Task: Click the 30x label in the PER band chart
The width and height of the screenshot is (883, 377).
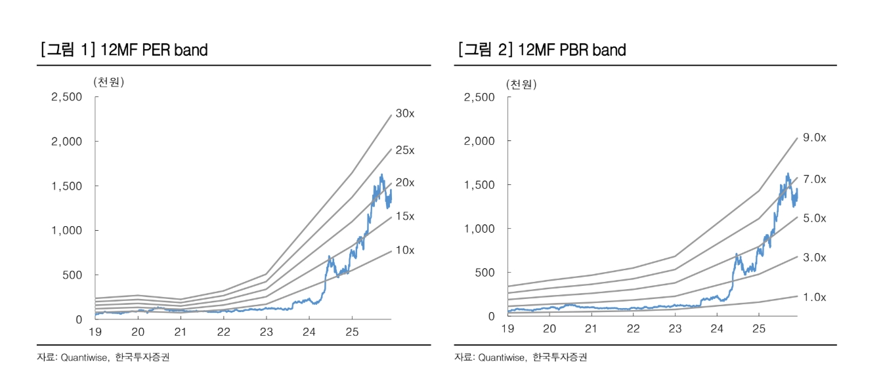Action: click(x=404, y=113)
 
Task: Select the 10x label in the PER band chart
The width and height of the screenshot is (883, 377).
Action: click(x=404, y=250)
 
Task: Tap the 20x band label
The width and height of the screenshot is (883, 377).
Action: click(x=404, y=183)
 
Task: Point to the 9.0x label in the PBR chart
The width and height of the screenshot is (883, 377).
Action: click(x=815, y=138)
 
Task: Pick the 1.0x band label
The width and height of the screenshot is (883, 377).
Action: click(x=815, y=298)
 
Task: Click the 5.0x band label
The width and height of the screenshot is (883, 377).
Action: click(x=815, y=218)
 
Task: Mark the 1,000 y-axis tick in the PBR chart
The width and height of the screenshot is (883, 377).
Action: click(x=479, y=228)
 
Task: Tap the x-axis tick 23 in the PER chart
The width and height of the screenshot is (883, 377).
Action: click(x=266, y=331)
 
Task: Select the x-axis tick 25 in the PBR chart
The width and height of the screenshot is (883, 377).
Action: click(x=758, y=328)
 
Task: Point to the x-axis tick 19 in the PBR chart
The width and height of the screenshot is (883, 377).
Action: click(x=507, y=328)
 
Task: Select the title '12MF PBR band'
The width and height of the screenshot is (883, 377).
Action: click(x=572, y=50)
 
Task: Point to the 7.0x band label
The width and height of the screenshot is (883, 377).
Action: click(x=815, y=179)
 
